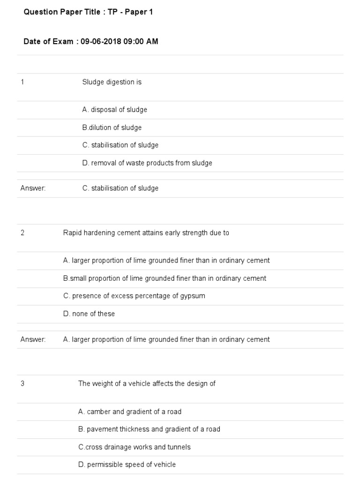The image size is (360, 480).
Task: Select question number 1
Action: (x=22, y=82)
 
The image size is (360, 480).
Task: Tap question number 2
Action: (x=22, y=232)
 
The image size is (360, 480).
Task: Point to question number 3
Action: (x=22, y=383)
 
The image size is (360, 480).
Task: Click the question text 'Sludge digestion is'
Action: (x=112, y=82)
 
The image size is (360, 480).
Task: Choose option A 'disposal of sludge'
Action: (x=114, y=110)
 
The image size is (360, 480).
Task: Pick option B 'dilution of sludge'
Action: (x=112, y=127)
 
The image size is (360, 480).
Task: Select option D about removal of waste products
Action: (x=147, y=163)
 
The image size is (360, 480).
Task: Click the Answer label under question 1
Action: (x=33, y=188)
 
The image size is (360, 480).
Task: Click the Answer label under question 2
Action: (x=33, y=339)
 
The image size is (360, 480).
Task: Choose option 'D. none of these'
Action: (x=89, y=314)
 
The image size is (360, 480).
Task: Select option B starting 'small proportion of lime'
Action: (x=165, y=278)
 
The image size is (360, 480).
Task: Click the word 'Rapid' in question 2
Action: (x=72, y=232)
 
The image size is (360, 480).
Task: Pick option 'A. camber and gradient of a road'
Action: (x=129, y=412)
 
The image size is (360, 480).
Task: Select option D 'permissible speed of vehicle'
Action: (x=127, y=465)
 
